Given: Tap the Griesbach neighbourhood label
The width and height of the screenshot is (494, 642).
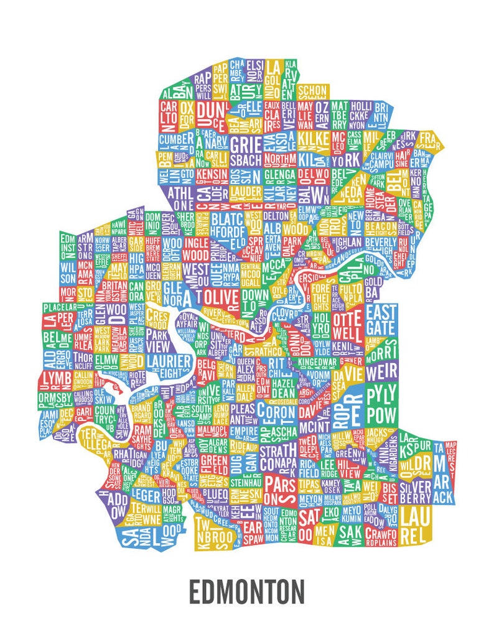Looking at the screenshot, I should pyautogui.click(x=246, y=151).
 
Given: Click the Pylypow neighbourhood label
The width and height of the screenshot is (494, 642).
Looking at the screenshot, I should pyautogui.click(x=381, y=404).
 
